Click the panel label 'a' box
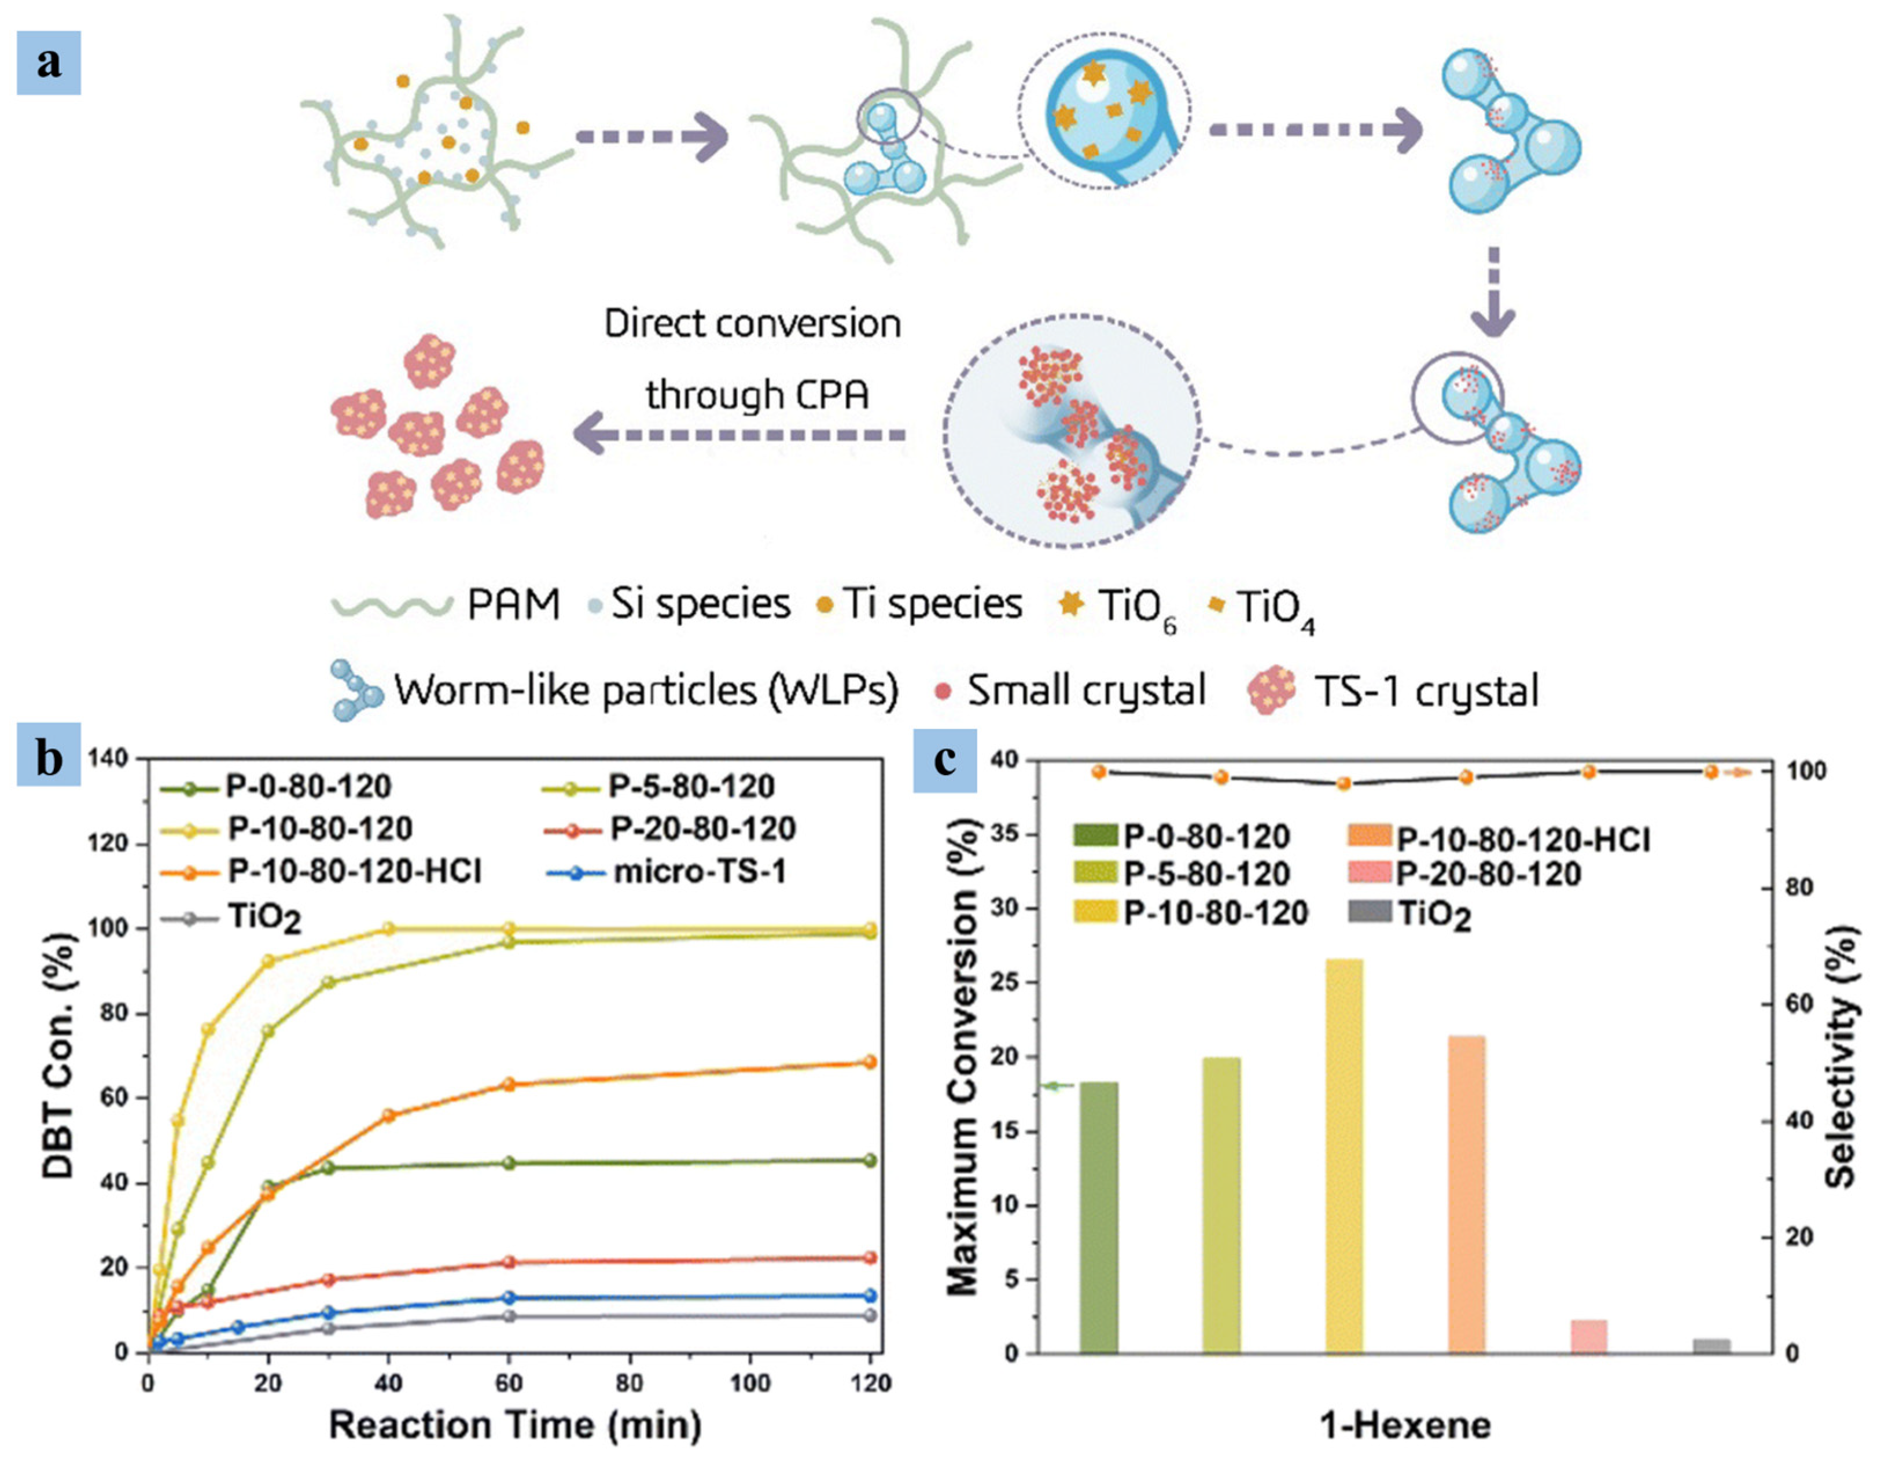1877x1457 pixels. pos(49,63)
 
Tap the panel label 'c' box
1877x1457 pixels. pos(944,761)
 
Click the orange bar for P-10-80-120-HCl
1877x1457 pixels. pos(1466,1195)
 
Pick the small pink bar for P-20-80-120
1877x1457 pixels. pos(1588,1336)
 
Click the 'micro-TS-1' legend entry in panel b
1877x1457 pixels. pos(698,872)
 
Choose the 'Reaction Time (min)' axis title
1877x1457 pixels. pos(515,1425)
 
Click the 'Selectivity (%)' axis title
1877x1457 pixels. pos(1841,1057)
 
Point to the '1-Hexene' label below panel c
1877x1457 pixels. pos(1404,1425)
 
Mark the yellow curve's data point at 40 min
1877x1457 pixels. pos(388,928)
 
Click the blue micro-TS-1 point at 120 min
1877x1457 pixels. pos(870,1295)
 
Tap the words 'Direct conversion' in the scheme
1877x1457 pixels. pos(752,324)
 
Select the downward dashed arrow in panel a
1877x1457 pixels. pos(1494,292)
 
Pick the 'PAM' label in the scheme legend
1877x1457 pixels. pos(513,604)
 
